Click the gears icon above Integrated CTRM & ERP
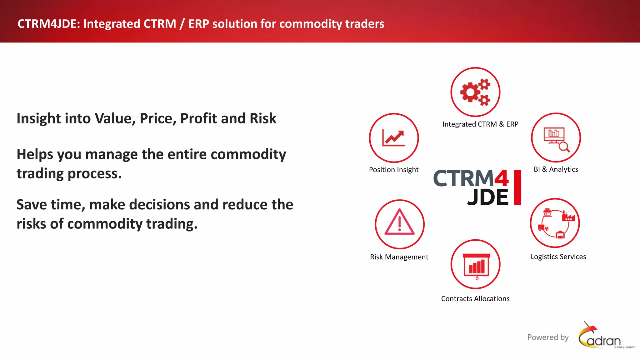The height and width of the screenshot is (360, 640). [x=475, y=92]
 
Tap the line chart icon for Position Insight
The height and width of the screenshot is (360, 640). [x=394, y=138]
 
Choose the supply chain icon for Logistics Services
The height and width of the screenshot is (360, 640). [x=555, y=223]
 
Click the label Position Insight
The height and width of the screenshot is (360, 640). [x=393, y=170]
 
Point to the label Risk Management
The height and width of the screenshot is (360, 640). [x=399, y=257]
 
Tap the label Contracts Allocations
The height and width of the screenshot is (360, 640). [x=475, y=299]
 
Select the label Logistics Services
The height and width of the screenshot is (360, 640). [x=558, y=257]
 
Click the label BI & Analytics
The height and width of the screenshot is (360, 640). [x=556, y=169]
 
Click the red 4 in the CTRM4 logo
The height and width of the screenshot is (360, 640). [x=502, y=178]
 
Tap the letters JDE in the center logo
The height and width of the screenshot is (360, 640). [x=488, y=197]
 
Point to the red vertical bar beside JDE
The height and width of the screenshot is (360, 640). [x=517, y=187]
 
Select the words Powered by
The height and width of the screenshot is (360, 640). [x=548, y=337]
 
